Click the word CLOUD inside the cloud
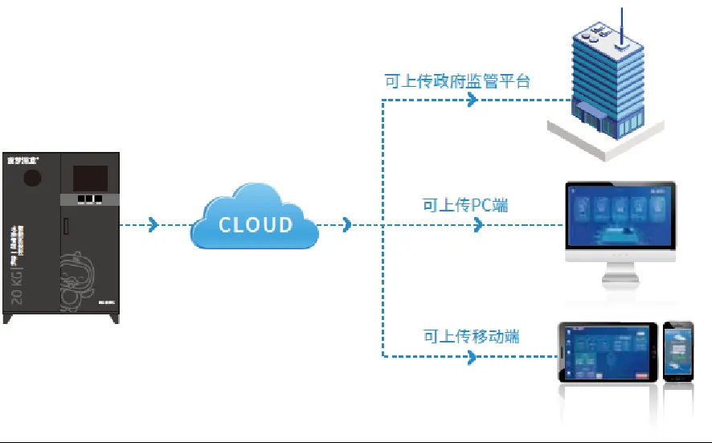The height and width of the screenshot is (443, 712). (256, 224)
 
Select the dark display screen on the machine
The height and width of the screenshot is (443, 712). (90, 178)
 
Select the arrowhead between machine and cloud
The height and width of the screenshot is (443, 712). (153, 225)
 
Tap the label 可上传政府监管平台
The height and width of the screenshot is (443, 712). (456, 81)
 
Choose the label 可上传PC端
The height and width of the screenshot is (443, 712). (465, 206)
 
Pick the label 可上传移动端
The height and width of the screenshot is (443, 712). (471, 335)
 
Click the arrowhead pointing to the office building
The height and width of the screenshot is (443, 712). (473, 100)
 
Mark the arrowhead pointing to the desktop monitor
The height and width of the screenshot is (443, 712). (479, 225)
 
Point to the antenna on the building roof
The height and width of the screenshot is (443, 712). (621, 24)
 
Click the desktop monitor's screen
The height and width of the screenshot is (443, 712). (620, 215)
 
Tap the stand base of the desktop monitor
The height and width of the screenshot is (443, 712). (620, 282)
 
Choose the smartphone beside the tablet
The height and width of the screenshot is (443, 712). (677, 352)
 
